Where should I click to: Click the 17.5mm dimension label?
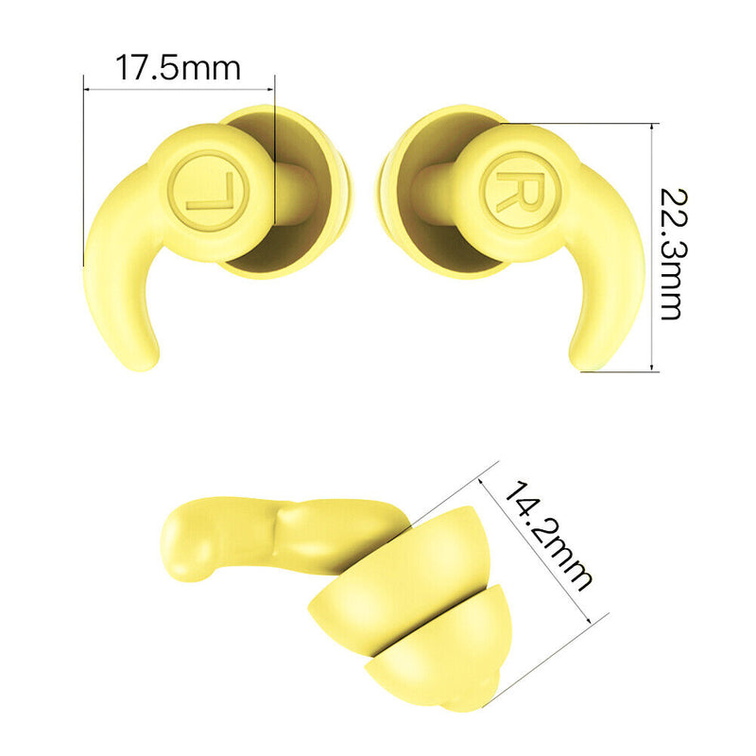pyautogui.click(x=178, y=68)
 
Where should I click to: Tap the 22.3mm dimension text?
pyautogui.click(x=672, y=254)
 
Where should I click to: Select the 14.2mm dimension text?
pyautogui.click(x=547, y=535)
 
